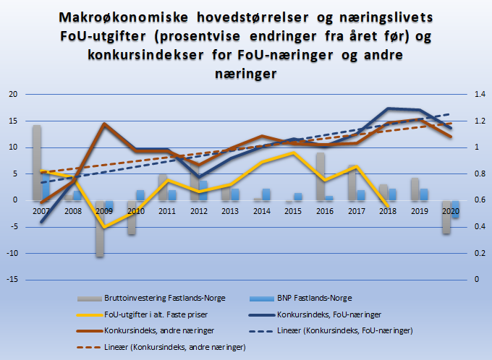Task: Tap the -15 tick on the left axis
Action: tap(12, 279)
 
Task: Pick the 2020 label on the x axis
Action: tap(450, 211)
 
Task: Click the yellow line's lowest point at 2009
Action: tap(105, 227)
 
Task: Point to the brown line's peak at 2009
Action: tap(105, 124)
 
